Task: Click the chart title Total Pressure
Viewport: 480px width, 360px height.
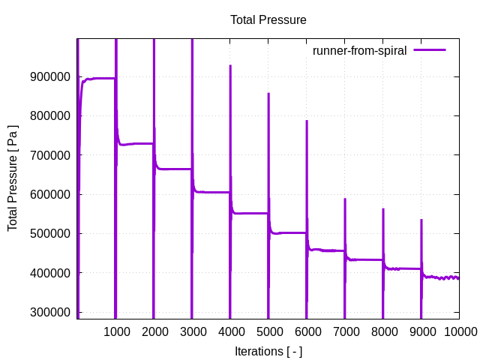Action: tap(268, 20)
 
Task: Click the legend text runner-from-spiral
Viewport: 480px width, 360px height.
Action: tap(359, 51)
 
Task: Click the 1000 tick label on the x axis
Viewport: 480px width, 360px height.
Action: tap(115, 331)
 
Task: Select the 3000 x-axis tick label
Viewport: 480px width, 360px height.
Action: tap(192, 331)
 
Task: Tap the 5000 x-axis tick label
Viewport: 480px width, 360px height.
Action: tap(268, 331)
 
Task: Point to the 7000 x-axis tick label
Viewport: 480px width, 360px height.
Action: tap(345, 331)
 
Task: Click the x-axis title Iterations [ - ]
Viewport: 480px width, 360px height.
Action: tap(268, 351)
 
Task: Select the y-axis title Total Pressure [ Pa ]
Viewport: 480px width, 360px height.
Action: tap(13, 178)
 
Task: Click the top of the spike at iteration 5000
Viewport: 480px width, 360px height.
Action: tap(268, 94)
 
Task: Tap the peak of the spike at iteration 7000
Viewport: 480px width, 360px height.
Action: tap(345, 199)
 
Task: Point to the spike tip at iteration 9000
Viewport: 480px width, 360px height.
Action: tap(421, 220)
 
